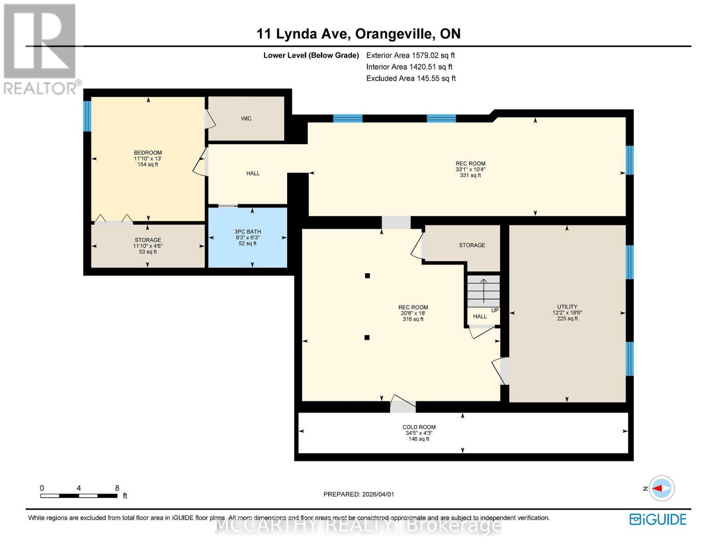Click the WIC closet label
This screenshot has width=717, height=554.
pyautogui.click(x=246, y=119)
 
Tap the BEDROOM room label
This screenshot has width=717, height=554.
pyautogui.click(x=148, y=153)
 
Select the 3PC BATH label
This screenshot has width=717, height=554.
pyautogui.click(x=247, y=232)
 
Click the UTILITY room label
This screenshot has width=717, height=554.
pyautogui.click(x=567, y=307)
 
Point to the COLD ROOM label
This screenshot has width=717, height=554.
pyautogui.click(x=419, y=427)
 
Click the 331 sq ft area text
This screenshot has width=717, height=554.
pyautogui.click(x=470, y=175)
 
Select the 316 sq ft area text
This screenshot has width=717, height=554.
pyautogui.click(x=413, y=319)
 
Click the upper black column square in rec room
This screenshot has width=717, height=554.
pyautogui.click(x=368, y=276)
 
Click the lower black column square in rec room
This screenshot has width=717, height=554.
pyautogui.click(x=367, y=337)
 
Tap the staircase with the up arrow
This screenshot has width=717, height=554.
pyautogui.click(x=483, y=290)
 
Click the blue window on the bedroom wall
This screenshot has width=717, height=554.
pyautogui.click(x=87, y=116)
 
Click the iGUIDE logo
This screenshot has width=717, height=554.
pyautogui.click(x=658, y=519)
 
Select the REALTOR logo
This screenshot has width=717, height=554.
pyautogui.click(x=41, y=48)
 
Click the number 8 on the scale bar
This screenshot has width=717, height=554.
pyautogui.click(x=117, y=488)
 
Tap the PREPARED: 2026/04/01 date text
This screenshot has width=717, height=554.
pyautogui.click(x=359, y=494)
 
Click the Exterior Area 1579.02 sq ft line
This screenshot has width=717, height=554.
pyautogui.click(x=410, y=55)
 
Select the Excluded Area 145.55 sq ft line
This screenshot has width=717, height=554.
pyautogui.click(x=411, y=78)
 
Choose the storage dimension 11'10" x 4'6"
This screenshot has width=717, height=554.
pyautogui.click(x=148, y=246)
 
